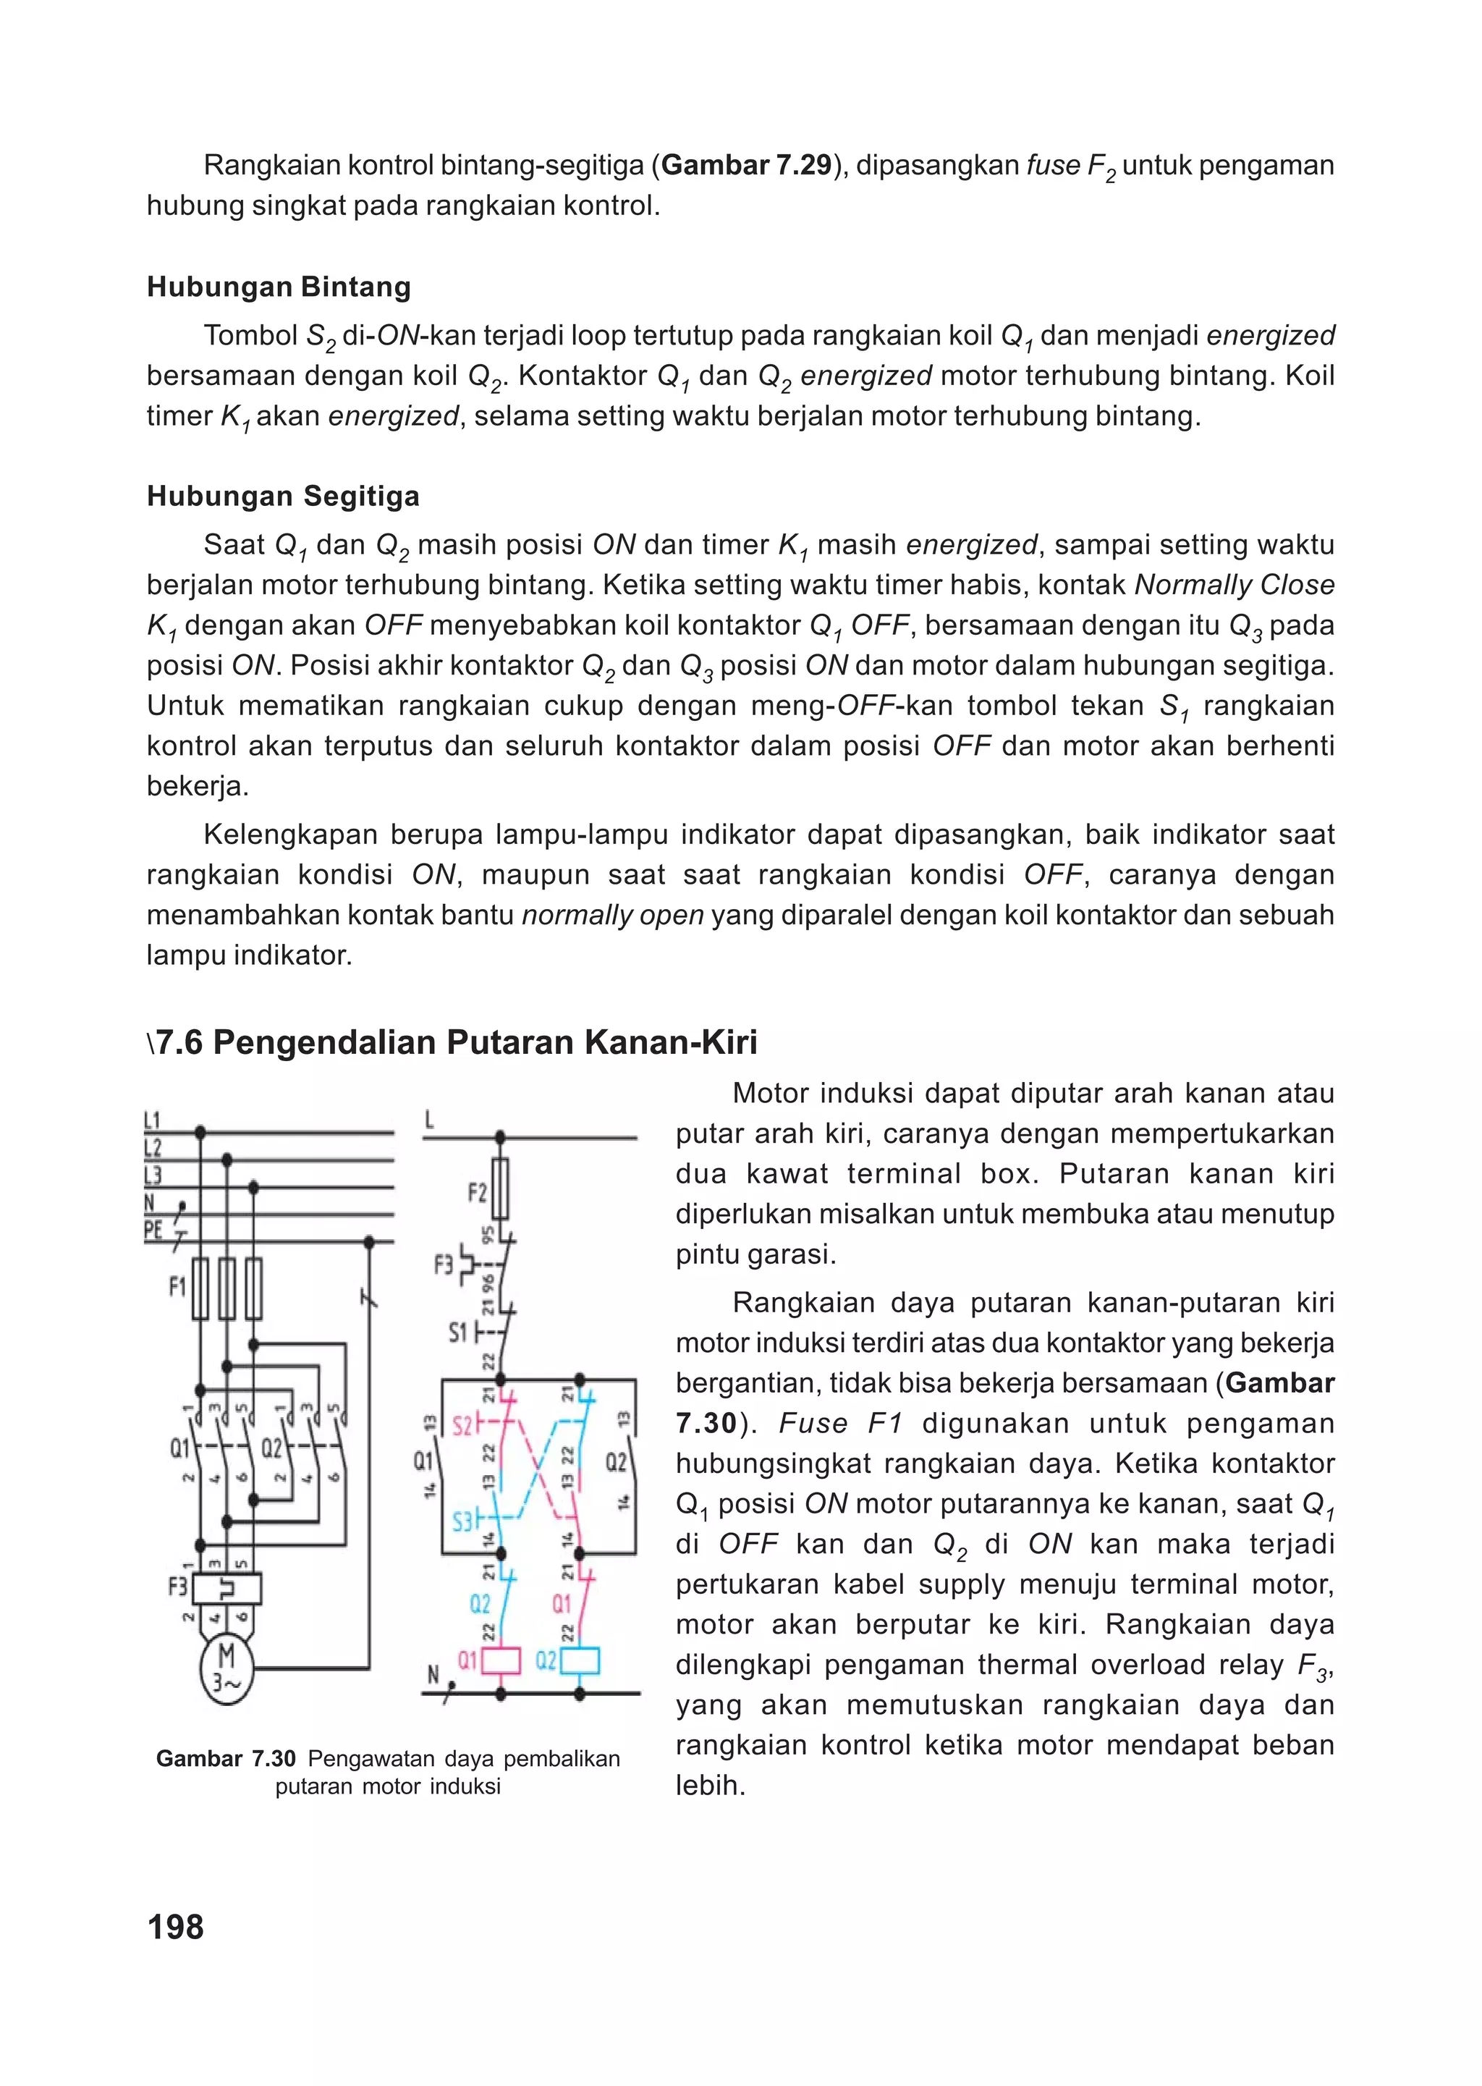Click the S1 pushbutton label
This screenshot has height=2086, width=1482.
click(457, 1333)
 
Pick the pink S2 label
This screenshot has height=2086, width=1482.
click(462, 1425)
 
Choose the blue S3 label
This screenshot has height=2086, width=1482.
click(462, 1521)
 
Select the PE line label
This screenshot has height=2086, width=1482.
click(153, 1230)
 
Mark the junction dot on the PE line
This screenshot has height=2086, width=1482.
click(368, 1243)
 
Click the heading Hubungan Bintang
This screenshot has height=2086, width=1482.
click(279, 287)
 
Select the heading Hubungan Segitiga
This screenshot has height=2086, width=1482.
click(283, 496)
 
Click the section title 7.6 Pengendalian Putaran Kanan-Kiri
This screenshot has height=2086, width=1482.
click(457, 1042)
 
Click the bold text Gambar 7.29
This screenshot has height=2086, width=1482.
click(745, 165)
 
